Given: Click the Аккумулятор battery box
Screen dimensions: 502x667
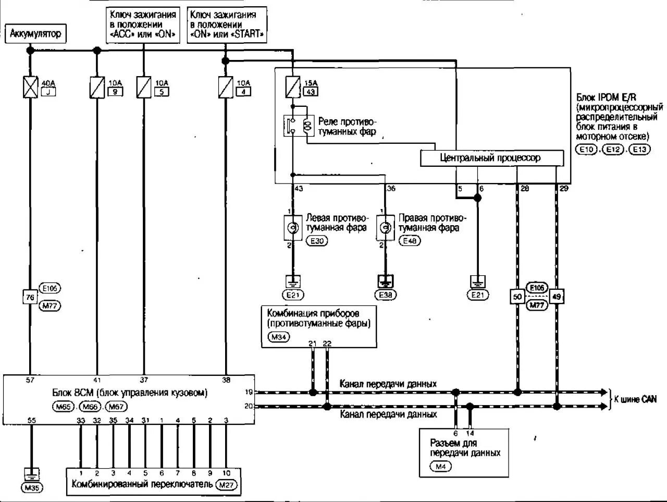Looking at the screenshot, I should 35,34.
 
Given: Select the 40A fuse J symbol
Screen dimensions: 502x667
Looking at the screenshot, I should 31,87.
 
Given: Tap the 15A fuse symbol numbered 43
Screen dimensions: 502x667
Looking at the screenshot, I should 293,87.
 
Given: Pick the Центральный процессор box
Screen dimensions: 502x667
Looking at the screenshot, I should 491,158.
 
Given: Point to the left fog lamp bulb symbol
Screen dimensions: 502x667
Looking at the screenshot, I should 293,227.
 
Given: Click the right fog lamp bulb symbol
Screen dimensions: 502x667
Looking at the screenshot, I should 385,227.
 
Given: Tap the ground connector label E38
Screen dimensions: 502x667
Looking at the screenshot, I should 386,295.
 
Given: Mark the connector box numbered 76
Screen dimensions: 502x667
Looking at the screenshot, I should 30,297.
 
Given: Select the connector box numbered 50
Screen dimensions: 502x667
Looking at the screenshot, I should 517,297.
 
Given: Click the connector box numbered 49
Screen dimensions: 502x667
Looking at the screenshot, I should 557,297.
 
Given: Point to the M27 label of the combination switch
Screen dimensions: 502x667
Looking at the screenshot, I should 227,485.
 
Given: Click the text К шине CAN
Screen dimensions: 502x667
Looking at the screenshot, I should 635,399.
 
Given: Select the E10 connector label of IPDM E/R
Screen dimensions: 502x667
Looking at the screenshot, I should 587,149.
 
